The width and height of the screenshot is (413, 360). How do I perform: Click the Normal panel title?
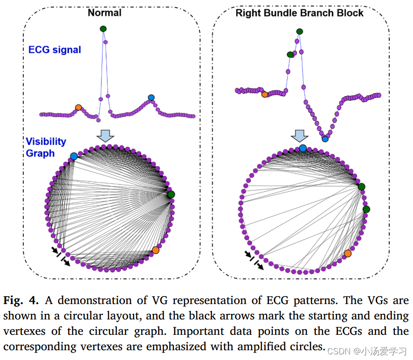pos(104,13)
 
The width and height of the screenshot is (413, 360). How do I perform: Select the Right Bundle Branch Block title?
pos(299,13)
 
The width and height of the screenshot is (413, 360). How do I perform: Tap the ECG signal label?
pos(55,49)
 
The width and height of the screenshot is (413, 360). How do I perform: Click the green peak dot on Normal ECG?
pos(103,29)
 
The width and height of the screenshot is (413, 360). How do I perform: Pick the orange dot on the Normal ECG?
pos(78,107)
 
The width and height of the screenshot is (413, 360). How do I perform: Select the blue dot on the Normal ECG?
pos(151,97)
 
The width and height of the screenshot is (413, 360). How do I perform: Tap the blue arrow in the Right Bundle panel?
pos(300,135)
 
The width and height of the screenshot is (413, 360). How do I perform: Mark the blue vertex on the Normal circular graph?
pos(74,156)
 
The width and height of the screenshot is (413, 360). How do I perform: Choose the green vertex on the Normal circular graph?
pos(171,194)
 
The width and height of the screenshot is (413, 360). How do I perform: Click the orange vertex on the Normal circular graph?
pos(156,250)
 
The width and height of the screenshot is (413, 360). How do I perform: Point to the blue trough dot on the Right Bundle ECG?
pos(325,138)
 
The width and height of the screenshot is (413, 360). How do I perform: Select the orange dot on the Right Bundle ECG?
pos(265,95)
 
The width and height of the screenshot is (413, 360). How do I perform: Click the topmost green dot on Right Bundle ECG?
pos(299,31)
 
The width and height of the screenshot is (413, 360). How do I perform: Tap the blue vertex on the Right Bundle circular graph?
pos(303,148)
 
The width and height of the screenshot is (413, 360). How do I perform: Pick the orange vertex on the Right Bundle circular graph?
pos(348,253)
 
